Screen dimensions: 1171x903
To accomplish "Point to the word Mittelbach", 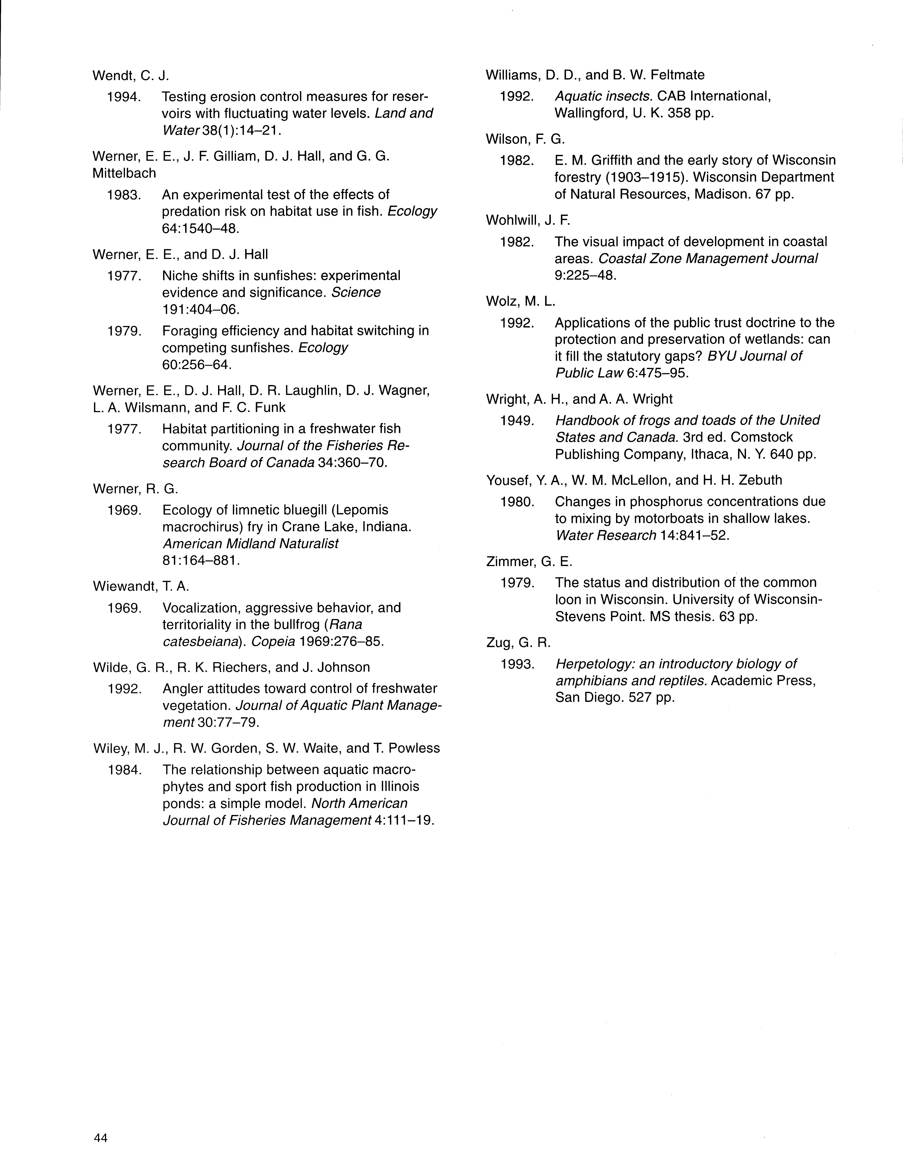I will pyautogui.click(x=124, y=173).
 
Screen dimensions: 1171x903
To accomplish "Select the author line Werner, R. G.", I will pyautogui.click(x=135, y=488).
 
